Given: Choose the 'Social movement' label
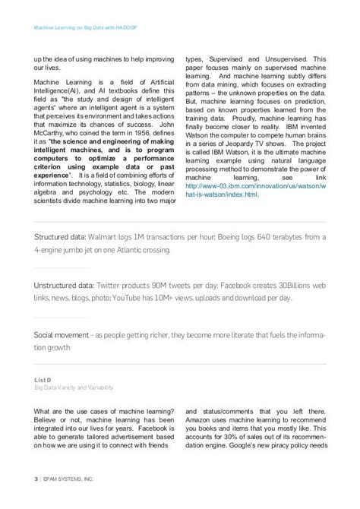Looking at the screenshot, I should [x=60, y=336].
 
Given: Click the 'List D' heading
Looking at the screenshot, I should [x=43, y=380].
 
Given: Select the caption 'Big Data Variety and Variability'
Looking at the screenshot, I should [x=74, y=387].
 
